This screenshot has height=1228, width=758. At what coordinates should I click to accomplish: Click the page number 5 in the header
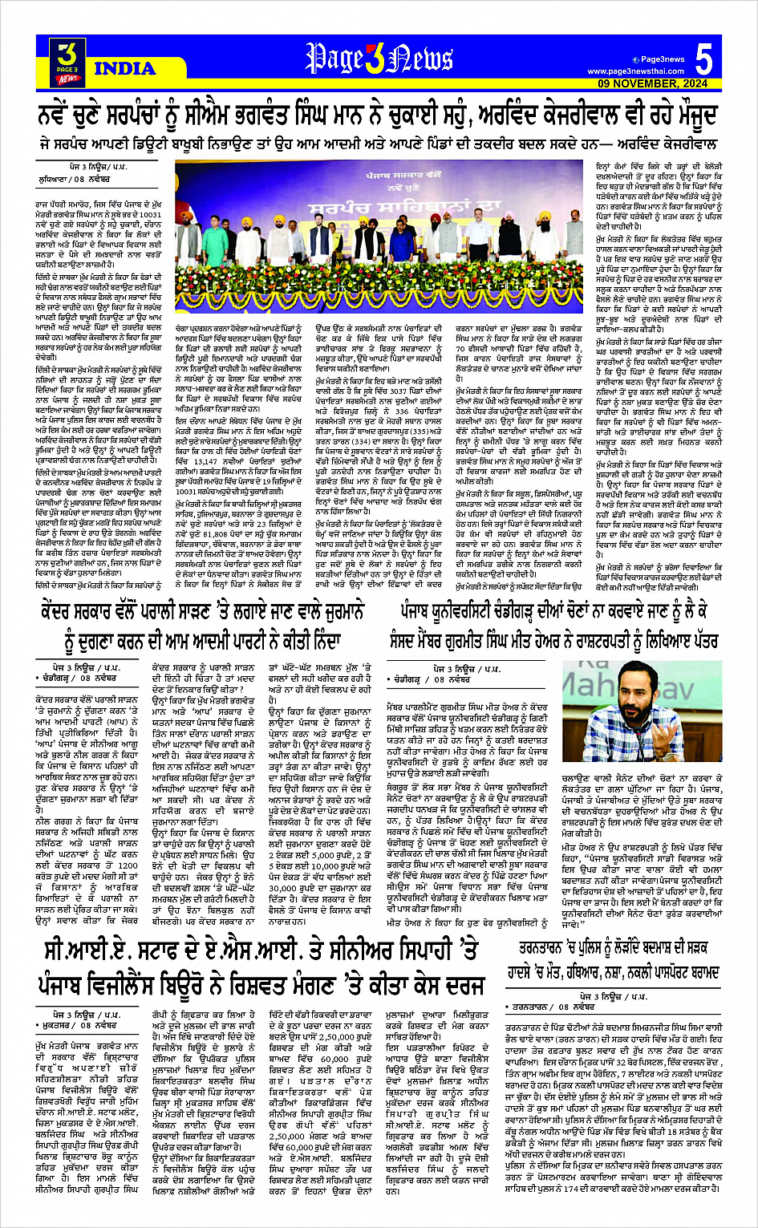[703, 59]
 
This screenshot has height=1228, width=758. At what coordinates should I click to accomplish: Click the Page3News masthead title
[379, 59]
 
